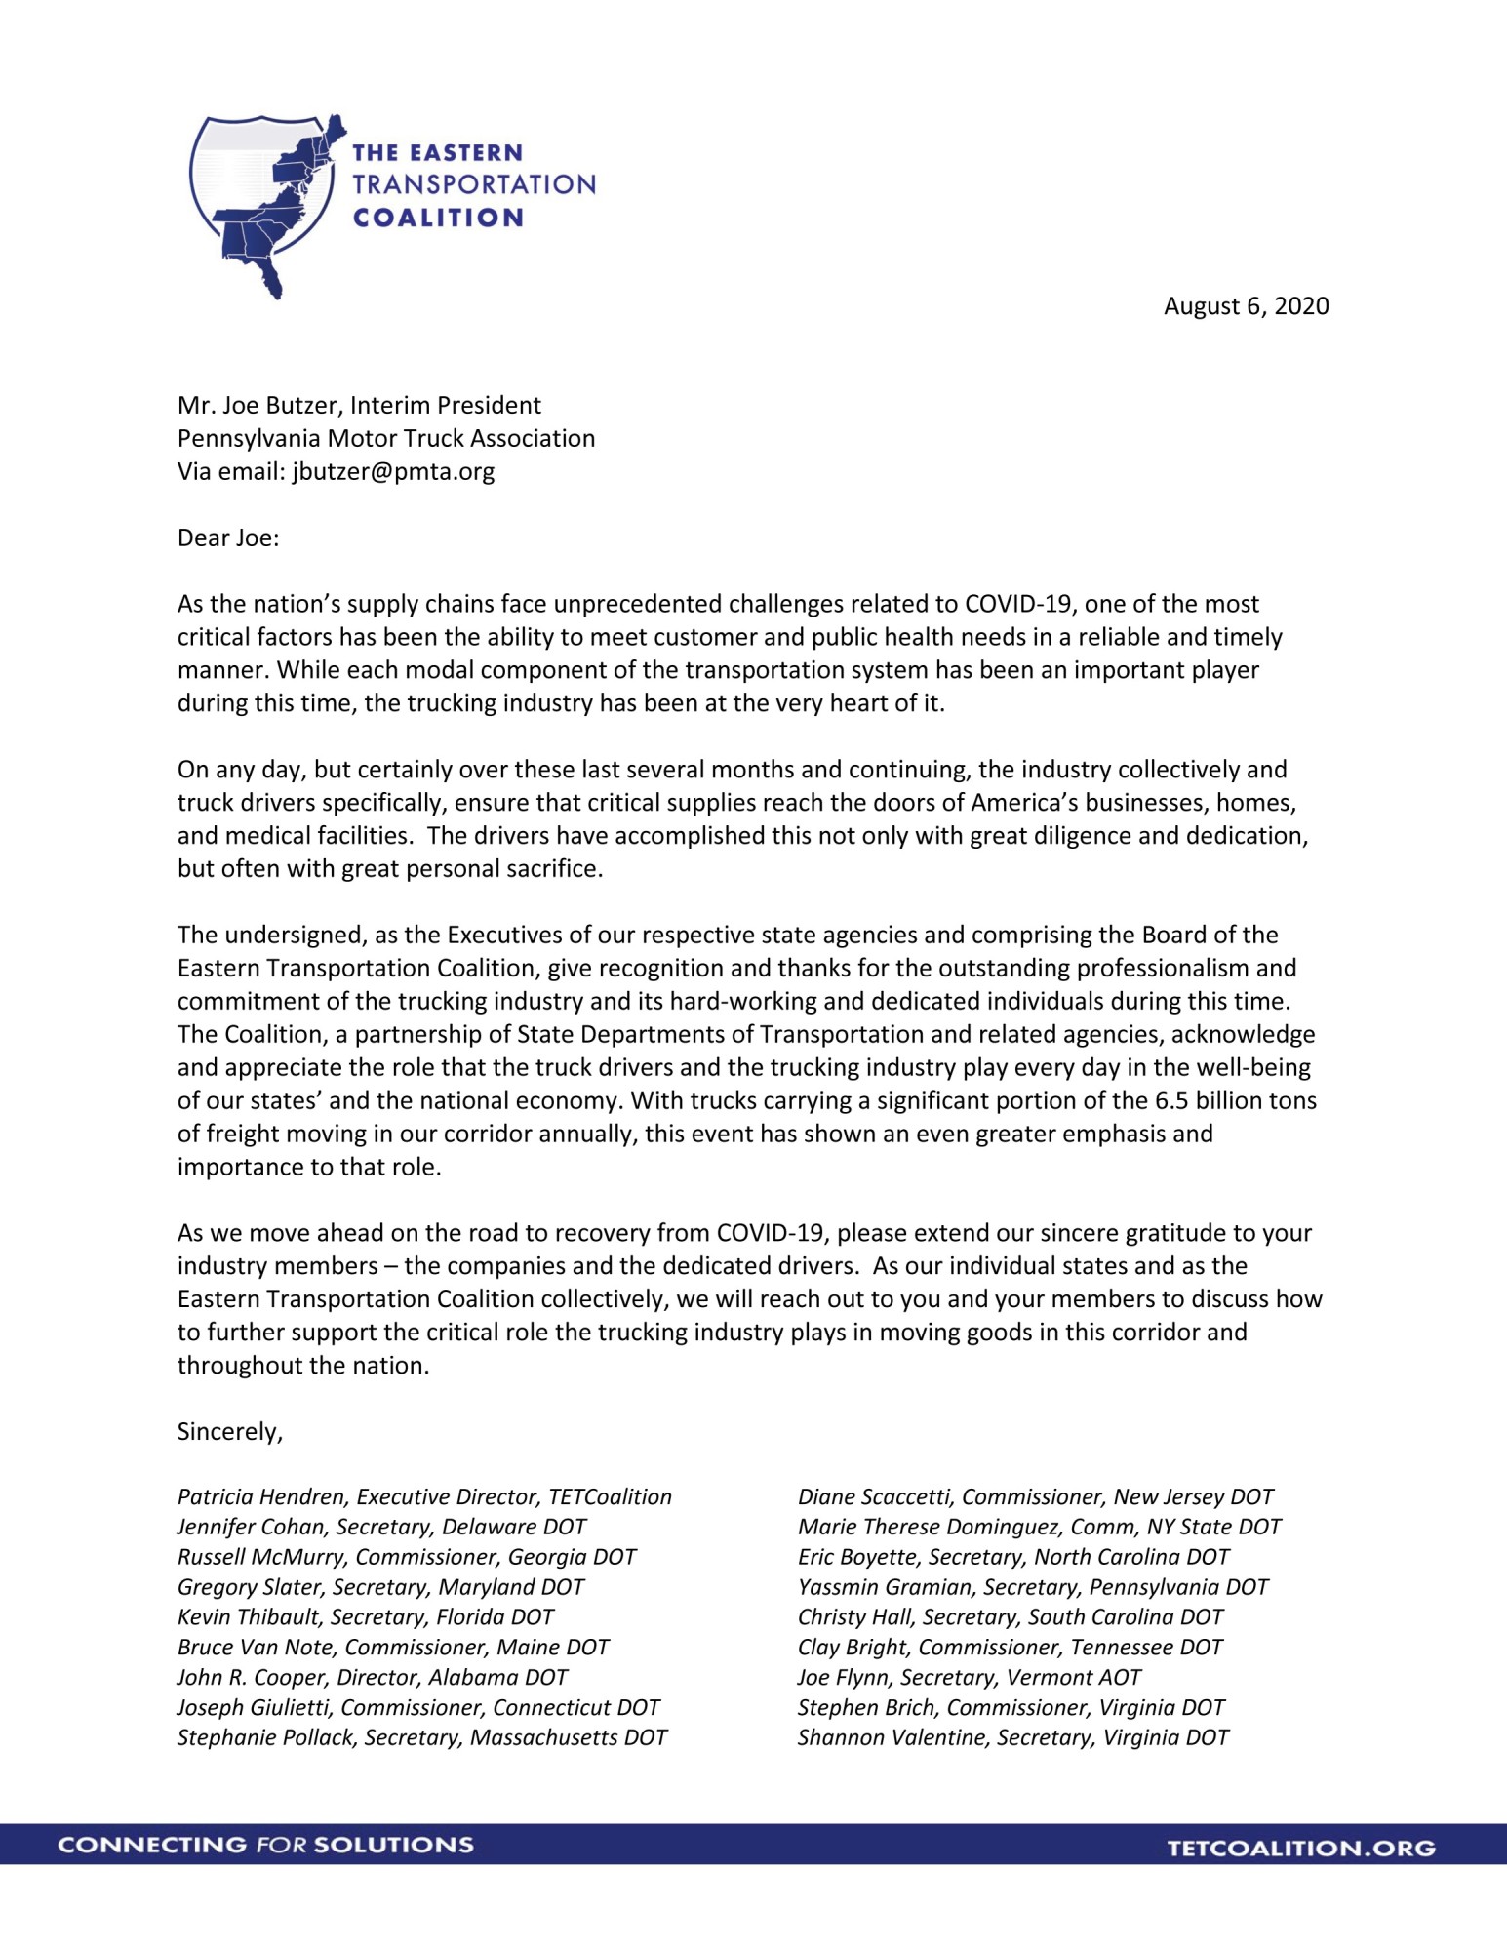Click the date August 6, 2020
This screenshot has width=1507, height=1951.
click(x=1246, y=306)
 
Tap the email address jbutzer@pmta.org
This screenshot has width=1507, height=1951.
click(x=393, y=472)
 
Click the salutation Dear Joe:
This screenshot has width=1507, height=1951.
click(x=227, y=538)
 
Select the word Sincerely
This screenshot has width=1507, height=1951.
click(x=229, y=1431)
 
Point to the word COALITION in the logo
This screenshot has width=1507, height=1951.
click(x=438, y=218)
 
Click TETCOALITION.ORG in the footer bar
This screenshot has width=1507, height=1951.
click(x=1301, y=1848)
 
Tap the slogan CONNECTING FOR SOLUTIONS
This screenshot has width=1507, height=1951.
click(x=265, y=1845)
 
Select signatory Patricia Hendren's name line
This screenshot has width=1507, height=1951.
click(x=424, y=1497)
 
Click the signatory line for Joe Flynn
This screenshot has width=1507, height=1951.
click(x=969, y=1678)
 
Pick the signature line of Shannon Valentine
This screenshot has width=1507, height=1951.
click(x=1012, y=1737)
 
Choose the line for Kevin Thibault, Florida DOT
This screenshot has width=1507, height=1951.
click(x=365, y=1617)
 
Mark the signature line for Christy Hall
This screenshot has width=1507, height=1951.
click(x=1010, y=1617)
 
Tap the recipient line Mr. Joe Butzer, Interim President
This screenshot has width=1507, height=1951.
click(x=358, y=406)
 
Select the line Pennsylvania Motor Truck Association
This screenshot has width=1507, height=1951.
click(x=385, y=439)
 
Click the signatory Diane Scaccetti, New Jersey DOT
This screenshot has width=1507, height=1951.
click(x=1035, y=1497)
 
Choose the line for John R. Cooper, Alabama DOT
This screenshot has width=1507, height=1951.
click(x=372, y=1678)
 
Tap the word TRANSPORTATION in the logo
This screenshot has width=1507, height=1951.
click(x=473, y=185)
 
